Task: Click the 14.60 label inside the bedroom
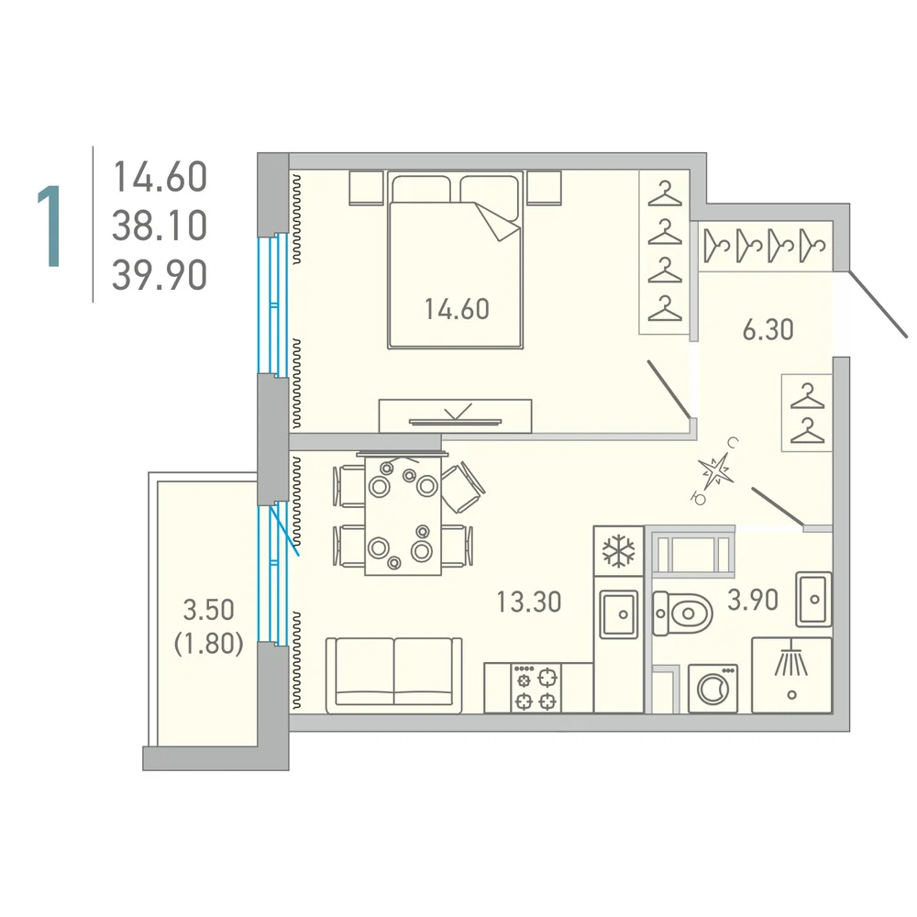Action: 457,309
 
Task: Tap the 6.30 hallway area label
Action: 768,330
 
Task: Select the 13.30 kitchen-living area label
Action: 529,602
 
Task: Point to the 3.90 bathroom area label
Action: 753,600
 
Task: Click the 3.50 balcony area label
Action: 208,610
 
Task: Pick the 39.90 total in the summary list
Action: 160,275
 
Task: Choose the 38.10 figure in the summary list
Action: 160,226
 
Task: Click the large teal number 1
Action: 50,226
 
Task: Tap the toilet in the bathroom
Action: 682,613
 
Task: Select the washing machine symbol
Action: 713,689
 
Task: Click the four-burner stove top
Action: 536,688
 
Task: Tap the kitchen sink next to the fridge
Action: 619,613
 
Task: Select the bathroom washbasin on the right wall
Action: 813,600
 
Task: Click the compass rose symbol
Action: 715,470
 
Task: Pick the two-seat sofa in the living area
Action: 393,676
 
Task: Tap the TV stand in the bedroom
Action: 455,415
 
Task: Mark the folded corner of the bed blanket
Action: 498,222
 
